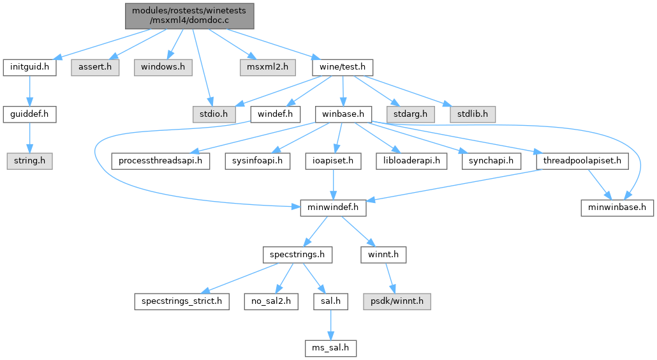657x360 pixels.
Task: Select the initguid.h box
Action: click(x=29, y=67)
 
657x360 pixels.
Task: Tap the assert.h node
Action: click(x=95, y=67)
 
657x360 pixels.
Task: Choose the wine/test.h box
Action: click(x=342, y=67)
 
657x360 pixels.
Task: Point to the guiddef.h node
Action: click(x=29, y=114)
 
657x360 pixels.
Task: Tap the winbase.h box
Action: click(x=344, y=114)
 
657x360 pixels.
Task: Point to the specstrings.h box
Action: click(x=297, y=255)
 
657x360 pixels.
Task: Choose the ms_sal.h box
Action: click(x=329, y=349)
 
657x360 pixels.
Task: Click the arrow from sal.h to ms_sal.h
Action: click(x=329, y=326)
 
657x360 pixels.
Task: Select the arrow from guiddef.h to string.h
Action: click(x=29, y=138)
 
